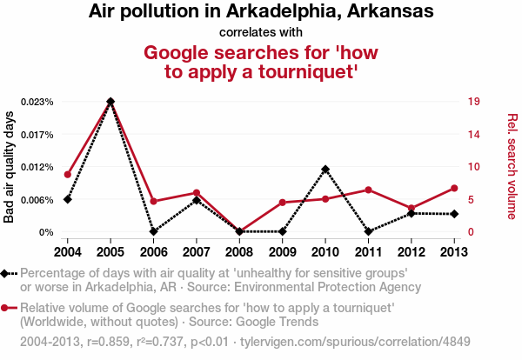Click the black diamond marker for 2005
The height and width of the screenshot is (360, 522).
click(110, 102)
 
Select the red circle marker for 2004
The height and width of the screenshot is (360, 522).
click(67, 175)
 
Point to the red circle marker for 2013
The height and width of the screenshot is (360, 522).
click(454, 189)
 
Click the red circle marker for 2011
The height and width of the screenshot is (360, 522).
click(368, 190)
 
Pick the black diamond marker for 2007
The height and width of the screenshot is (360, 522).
click(197, 200)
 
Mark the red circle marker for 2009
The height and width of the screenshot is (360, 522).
click(282, 203)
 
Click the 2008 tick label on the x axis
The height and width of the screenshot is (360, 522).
click(239, 251)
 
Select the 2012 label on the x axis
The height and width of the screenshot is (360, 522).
click(412, 251)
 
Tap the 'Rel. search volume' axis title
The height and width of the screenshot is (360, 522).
click(512, 166)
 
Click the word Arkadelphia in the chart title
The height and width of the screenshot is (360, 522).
click(256, 12)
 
